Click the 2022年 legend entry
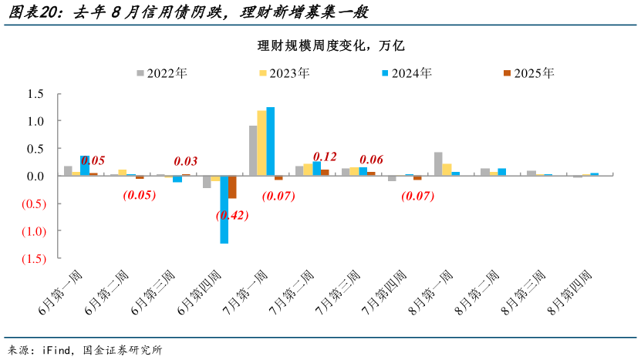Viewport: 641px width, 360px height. [162, 73]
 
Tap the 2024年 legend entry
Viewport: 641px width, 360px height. [406, 73]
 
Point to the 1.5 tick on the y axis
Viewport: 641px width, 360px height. [35, 94]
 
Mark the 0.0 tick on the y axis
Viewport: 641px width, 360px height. [35, 177]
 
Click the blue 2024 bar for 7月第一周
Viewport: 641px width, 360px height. [270, 142]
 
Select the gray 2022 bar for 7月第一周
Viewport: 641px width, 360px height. [253, 151]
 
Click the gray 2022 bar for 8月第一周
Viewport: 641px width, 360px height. [438, 164]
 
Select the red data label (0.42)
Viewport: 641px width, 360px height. [232, 215]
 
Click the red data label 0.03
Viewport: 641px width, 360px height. [186, 161]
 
